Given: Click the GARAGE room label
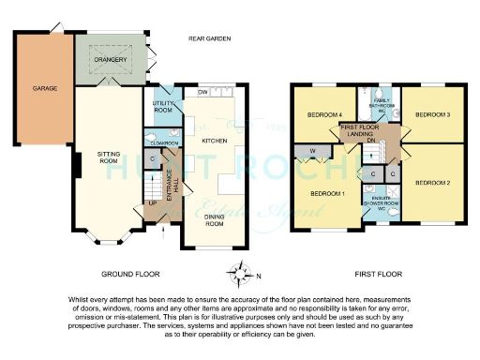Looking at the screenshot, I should point(46,88).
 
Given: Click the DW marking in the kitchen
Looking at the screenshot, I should point(202,92).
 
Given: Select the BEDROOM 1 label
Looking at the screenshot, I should point(328,193).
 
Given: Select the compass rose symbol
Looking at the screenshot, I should point(242,274).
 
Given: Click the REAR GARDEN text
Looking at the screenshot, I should point(209,38).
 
